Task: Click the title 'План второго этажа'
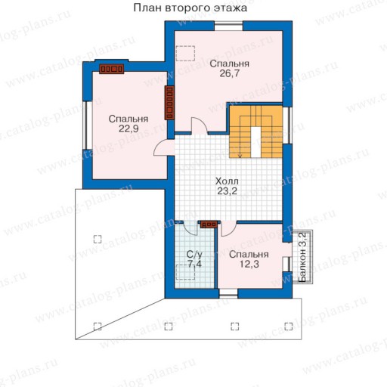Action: coord(190,8)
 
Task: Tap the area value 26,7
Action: coord(230,73)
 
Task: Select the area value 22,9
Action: coord(128,128)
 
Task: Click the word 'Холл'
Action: coord(227,181)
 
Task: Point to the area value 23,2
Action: coord(228,191)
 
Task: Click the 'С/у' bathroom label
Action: coord(194,255)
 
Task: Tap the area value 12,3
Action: coord(249,265)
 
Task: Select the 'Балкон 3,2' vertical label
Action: coord(302,257)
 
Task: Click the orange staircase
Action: coord(255,132)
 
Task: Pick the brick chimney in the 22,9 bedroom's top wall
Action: coord(111,69)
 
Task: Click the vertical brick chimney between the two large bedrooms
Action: coord(169,103)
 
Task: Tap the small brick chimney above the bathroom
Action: coord(209,224)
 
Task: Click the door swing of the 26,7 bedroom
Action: coord(200,125)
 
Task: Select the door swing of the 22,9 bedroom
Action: coord(164,147)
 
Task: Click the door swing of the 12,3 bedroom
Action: coord(229,228)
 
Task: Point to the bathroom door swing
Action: coord(190,228)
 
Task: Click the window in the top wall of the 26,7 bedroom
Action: coord(228,26)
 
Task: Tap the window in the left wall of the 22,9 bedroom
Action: coord(88,125)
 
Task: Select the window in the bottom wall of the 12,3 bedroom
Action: coord(228,293)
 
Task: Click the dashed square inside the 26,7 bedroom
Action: coord(185,53)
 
